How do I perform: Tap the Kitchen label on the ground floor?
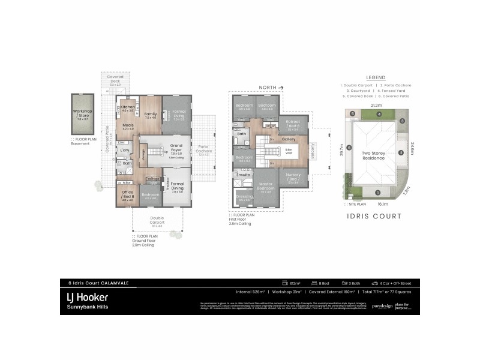[x=128, y=107]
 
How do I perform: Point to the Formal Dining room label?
[x=177, y=186]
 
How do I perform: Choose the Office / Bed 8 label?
[x=127, y=194]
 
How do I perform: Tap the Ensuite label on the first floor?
[x=243, y=175]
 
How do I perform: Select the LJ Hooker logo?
[x=86, y=297]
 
